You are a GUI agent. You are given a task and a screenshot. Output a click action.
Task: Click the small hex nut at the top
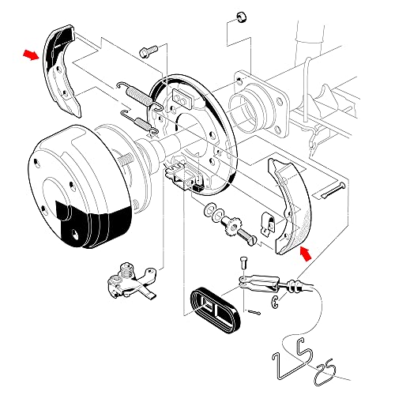(241, 17)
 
